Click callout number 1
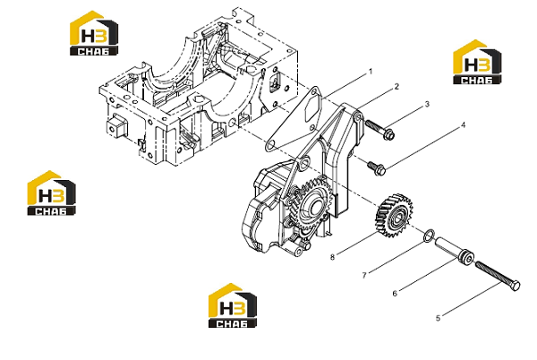[370, 72]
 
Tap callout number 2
[396, 87]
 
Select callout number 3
[427, 105]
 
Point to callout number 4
[464, 125]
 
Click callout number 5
[438, 318]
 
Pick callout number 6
[395, 294]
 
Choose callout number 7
[364, 275]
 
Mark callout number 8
[332, 257]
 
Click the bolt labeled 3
[379, 129]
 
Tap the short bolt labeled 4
[377, 167]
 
